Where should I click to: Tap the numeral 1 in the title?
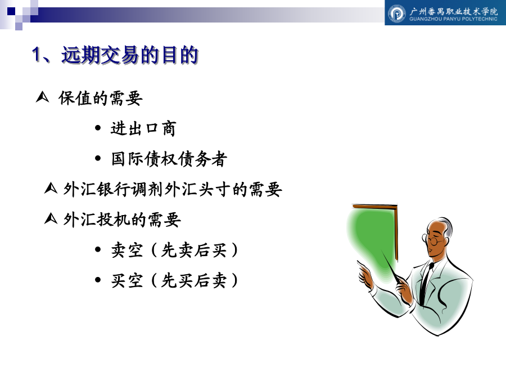37,54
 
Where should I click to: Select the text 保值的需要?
101,98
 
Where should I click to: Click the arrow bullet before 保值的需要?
42,97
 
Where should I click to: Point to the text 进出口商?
143,128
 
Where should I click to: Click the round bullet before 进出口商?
98,128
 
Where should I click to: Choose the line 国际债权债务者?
169,159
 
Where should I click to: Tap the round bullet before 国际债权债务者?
98,159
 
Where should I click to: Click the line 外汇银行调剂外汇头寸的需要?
173,189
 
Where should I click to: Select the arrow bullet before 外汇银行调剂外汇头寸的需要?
51,188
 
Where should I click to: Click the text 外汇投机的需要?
122,220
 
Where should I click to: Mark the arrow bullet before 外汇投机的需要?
51,218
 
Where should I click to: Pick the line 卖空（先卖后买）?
175,250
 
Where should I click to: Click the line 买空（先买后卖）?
175,280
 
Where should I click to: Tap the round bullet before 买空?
98,280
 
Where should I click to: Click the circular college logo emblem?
396,14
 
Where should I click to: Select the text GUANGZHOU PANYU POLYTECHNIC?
453,19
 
